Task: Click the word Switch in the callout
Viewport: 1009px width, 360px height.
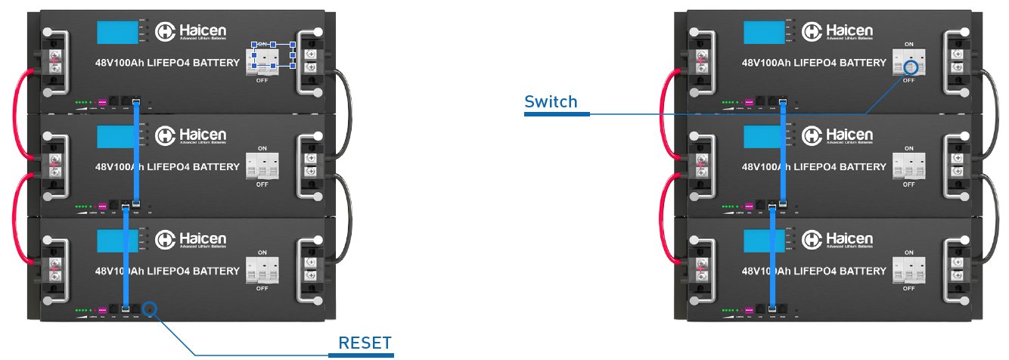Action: point(551,102)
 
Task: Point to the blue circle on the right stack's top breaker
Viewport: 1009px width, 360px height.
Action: point(911,67)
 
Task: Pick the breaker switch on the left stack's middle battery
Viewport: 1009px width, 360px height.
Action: point(262,165)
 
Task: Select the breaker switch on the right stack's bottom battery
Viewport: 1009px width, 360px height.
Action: point(908,269)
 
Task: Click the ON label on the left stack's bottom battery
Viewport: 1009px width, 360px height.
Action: point(262,252)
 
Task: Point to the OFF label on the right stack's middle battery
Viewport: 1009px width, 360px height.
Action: point(908,184)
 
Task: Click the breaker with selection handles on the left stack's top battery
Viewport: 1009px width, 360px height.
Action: point(272,56)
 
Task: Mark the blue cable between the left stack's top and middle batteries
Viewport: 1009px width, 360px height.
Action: point(138,151)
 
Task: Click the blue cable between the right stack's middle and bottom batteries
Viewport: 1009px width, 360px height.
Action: point(771,257)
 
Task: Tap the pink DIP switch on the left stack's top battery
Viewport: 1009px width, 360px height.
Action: point(104,101)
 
